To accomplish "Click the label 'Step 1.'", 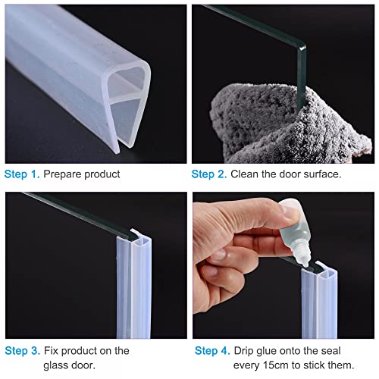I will [22, 174].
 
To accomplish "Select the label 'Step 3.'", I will [22, 351].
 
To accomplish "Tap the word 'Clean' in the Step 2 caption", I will [251, 174].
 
